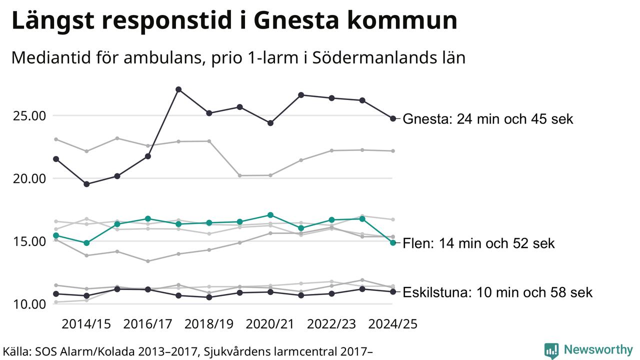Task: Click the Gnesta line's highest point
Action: click(178, 89)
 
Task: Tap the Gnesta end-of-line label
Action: click(487, 119)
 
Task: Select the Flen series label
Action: click(478, 243)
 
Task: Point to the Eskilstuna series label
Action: click(497, 292)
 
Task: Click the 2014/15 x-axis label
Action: click(86, 324)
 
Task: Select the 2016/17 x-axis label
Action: click(148, 324)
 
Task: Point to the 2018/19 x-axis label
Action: click(209, 324)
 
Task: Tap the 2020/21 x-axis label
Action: click(270, 324)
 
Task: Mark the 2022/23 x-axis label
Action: click(331, 324)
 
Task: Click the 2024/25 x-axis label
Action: click(392, 324)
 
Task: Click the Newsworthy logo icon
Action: click(551, 350)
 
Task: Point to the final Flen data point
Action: click(393, 242)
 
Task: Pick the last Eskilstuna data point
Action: click(393, 291)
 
